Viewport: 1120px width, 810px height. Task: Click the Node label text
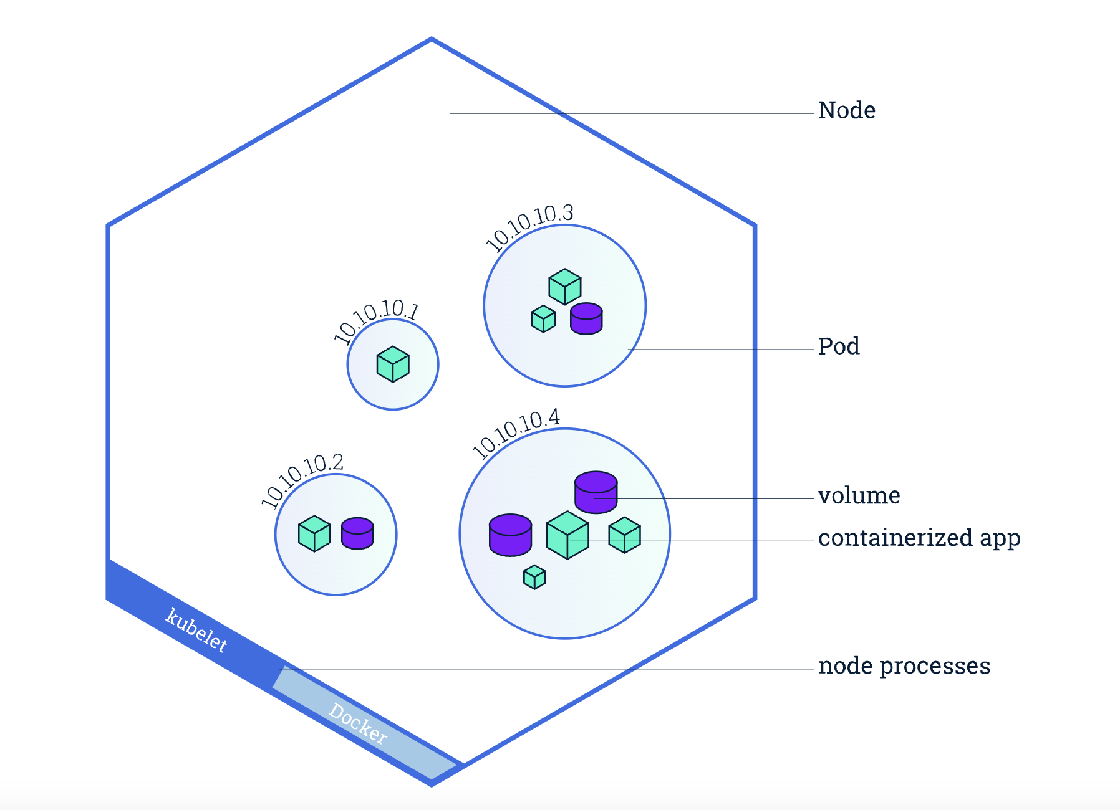846,110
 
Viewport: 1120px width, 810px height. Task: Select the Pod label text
839,346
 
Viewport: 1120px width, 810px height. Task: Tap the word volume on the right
859,496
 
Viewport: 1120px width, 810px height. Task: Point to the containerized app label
919,538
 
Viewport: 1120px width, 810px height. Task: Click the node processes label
904,666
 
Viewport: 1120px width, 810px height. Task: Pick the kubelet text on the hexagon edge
196,630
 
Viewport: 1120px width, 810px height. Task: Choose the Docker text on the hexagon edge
358,723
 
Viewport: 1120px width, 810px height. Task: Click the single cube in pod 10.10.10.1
393,364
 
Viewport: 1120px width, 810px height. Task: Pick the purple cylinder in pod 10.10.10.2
357,533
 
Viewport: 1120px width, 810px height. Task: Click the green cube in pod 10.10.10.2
314,533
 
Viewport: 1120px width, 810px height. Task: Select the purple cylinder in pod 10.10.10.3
586,318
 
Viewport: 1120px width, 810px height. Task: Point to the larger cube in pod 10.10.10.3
565,287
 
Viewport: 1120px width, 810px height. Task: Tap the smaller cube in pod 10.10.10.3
543,318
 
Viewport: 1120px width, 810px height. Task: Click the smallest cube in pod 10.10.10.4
534,577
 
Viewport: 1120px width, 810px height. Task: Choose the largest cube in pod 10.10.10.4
567,535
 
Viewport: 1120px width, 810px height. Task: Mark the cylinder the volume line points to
596,492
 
